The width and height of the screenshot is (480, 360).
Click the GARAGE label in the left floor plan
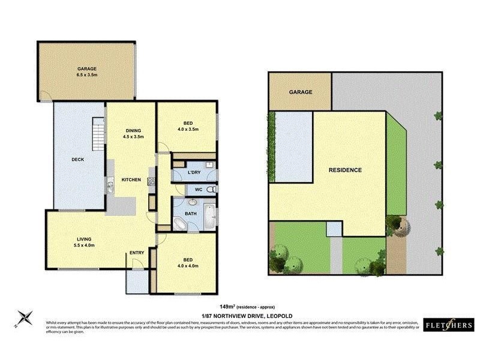86,69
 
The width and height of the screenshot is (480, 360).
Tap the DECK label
77,160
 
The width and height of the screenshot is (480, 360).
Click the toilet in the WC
209,190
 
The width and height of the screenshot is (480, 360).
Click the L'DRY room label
194,173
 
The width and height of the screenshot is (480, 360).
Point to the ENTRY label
137,253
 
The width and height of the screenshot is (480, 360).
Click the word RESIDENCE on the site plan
345,170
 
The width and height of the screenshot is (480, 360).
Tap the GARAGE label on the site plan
301,92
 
